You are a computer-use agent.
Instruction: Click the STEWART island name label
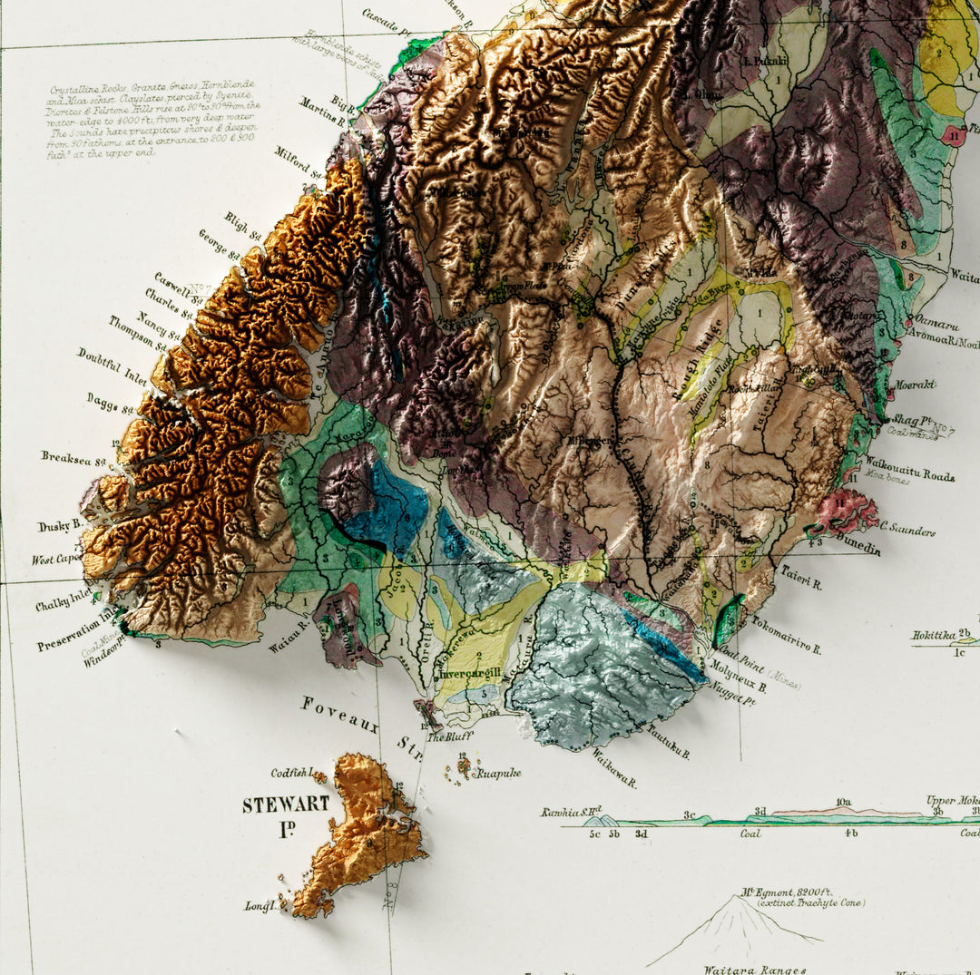pos(273,805)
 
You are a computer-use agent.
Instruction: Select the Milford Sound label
pos(299,163)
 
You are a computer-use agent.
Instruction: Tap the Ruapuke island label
pos(499,774)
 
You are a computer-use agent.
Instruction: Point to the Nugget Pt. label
pos(734,699)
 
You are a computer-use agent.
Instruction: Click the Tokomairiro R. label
pos(786,636)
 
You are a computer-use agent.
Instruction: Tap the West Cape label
pos(56,560)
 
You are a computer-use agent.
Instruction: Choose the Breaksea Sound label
pos(73,459)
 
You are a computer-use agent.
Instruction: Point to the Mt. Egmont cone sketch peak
pos(737,899)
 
